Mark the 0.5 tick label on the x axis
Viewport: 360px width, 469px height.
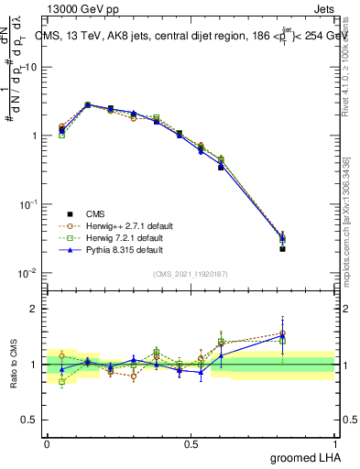point(191,443)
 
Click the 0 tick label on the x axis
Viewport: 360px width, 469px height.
point(47,443)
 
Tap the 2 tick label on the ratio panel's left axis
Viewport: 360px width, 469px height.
point(34,309)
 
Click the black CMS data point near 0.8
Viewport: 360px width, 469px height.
point(282,248)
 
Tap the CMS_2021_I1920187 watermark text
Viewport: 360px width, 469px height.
point(191,273)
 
